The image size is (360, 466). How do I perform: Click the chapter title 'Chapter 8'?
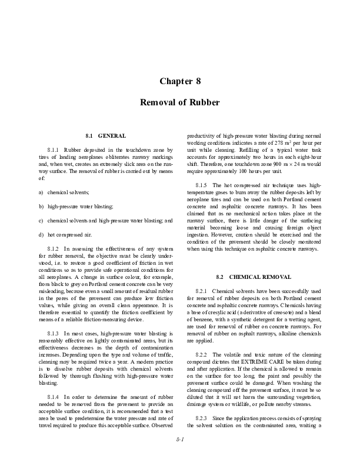coord(180,81)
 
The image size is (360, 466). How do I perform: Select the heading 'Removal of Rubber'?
coord(180,102)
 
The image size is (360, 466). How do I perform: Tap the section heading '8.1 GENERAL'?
coord(105,136)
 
